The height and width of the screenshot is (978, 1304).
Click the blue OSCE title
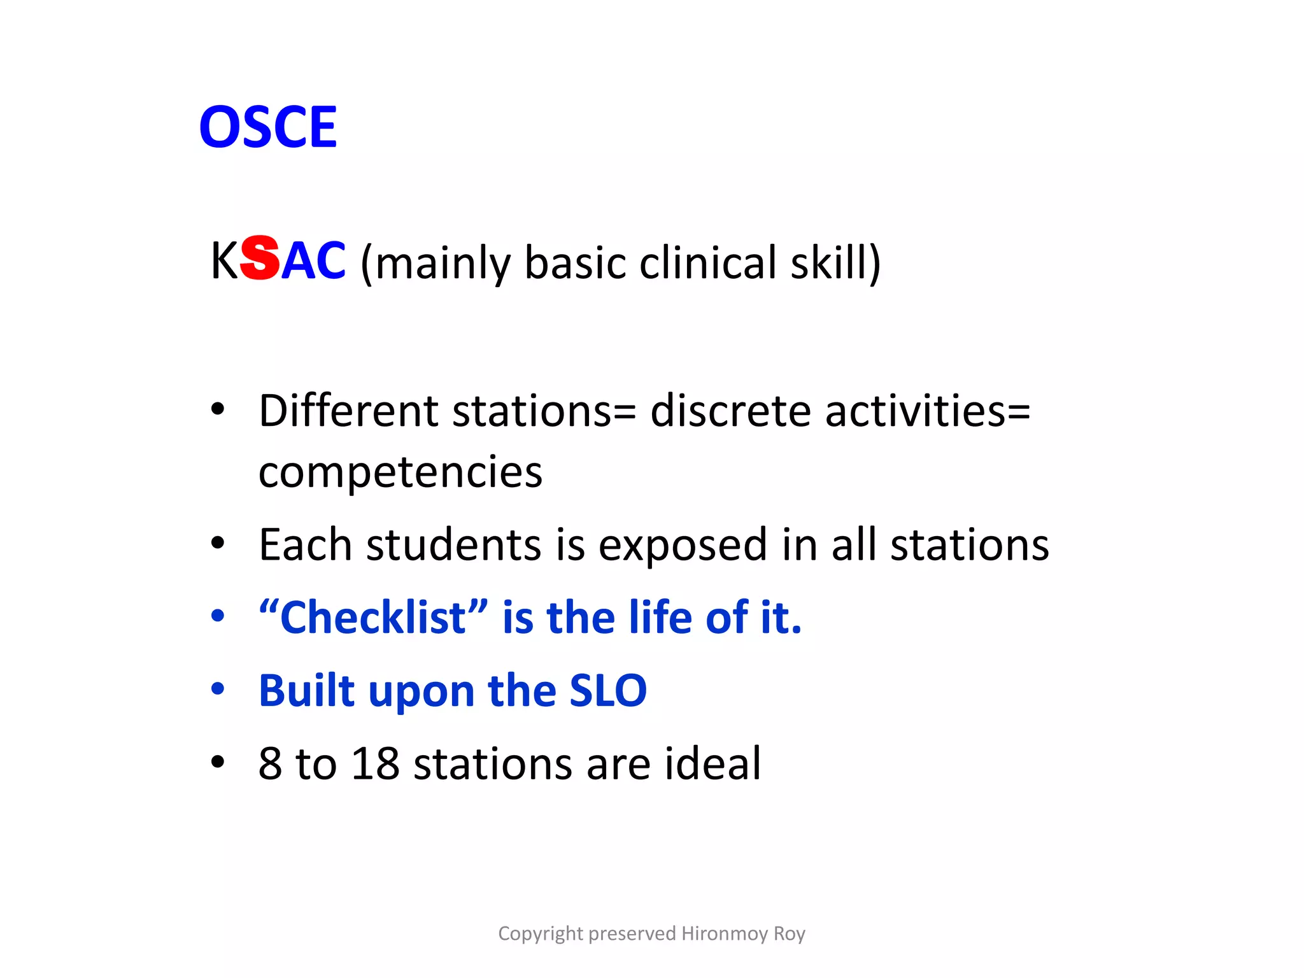(268, 127)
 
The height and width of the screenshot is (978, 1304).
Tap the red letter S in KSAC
(260, 258)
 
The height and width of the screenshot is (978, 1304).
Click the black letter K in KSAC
(224, 261)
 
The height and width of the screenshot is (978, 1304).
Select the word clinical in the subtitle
(707, 262)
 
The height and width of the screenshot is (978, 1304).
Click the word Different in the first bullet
(348, 411)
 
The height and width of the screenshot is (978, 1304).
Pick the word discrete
(730, 411)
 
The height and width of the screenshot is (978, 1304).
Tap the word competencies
(400, 473)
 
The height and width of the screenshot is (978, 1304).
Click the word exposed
(683, 546)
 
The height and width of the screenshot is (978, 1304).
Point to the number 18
(375, 763)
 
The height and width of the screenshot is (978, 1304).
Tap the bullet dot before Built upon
(218, 689)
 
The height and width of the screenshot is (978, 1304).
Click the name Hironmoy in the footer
(724, 933)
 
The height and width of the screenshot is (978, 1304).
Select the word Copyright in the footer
(541, 933)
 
